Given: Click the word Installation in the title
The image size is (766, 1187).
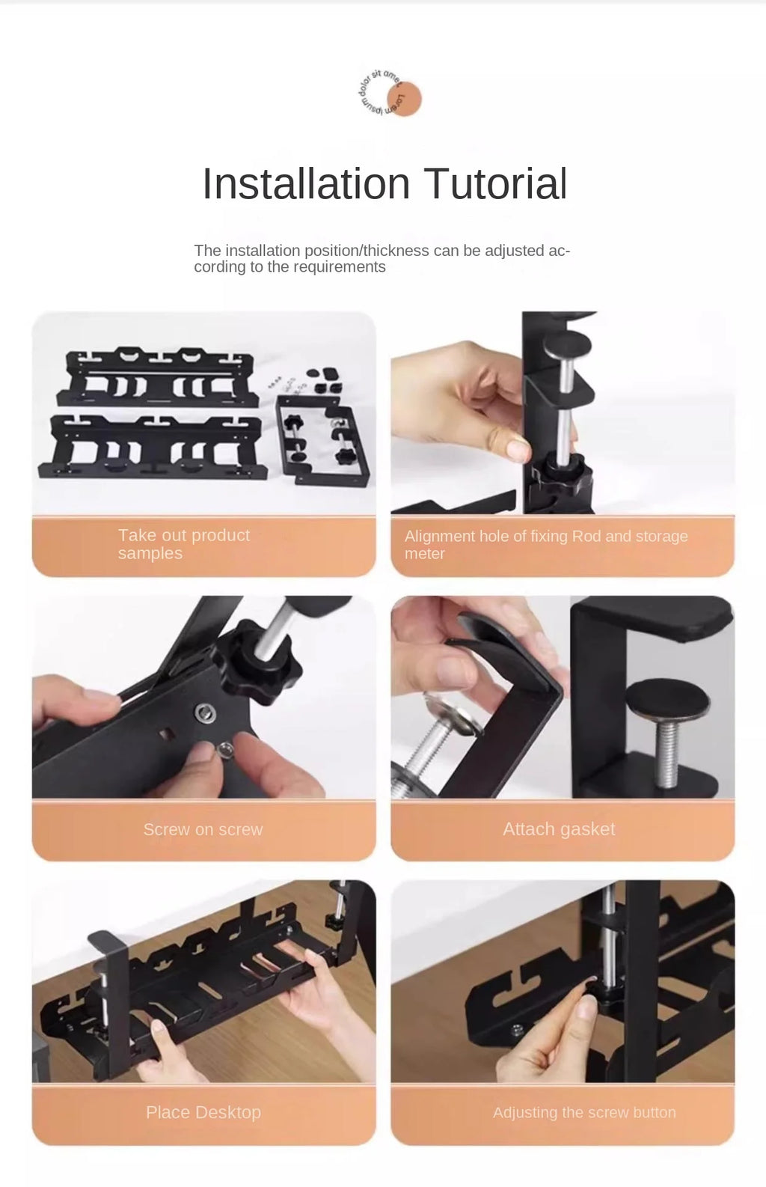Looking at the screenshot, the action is point(306,183).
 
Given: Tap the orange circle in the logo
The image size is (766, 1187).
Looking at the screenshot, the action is point(404,99).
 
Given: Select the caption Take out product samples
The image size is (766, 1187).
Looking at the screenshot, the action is point(183,544).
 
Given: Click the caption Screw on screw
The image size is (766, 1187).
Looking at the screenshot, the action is point(203,829).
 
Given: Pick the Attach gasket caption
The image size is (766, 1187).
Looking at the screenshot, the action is point(559,829).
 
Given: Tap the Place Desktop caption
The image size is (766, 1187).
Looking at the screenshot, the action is point(203,1112).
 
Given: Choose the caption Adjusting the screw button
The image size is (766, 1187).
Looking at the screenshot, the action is point(584,1112).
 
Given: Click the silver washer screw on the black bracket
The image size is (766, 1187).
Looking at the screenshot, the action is point(205,712).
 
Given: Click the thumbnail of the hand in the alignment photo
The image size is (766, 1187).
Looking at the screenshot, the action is point(518,449).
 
